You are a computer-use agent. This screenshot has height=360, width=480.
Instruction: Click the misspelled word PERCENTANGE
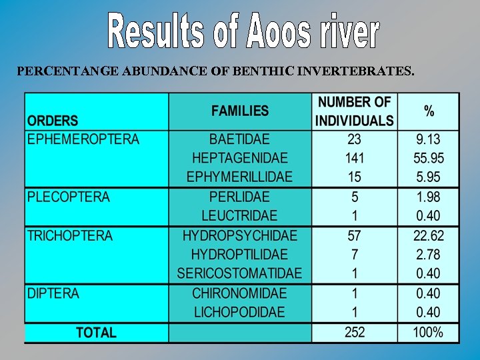[x=69, y=69]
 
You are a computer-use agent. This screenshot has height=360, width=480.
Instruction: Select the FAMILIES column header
[x=240, y=111]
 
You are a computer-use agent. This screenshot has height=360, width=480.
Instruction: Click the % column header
[x=429, y=111]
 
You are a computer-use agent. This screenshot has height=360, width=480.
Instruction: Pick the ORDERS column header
[x=53, y=121]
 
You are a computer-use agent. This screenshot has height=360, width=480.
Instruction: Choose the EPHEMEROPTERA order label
[x=83, y=139]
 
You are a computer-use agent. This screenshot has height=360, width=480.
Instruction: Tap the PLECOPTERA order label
[x=69, y=197]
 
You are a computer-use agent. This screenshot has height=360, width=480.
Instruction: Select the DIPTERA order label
[x=53, y=293]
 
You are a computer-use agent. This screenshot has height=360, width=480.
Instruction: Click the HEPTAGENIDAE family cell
[x=240, y=159]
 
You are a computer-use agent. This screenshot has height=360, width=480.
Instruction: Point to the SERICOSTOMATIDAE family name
[x=240, y=274]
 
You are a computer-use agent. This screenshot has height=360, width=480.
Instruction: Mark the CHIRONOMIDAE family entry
[x=240, y=293]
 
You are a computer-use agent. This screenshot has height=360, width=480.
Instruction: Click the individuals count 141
[x=355, y=159]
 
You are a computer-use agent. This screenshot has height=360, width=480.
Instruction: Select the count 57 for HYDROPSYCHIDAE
[x=355, y=236]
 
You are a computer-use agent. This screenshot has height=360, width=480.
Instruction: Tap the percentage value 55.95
[x=429, y=159]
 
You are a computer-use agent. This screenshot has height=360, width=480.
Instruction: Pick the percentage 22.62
[x=429, y=236]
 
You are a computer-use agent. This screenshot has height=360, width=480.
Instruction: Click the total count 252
[x=355, y=332]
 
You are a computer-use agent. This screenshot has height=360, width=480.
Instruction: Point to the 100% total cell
[x=429, y=332]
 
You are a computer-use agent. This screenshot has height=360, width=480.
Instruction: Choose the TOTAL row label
[x=96, y=332]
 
